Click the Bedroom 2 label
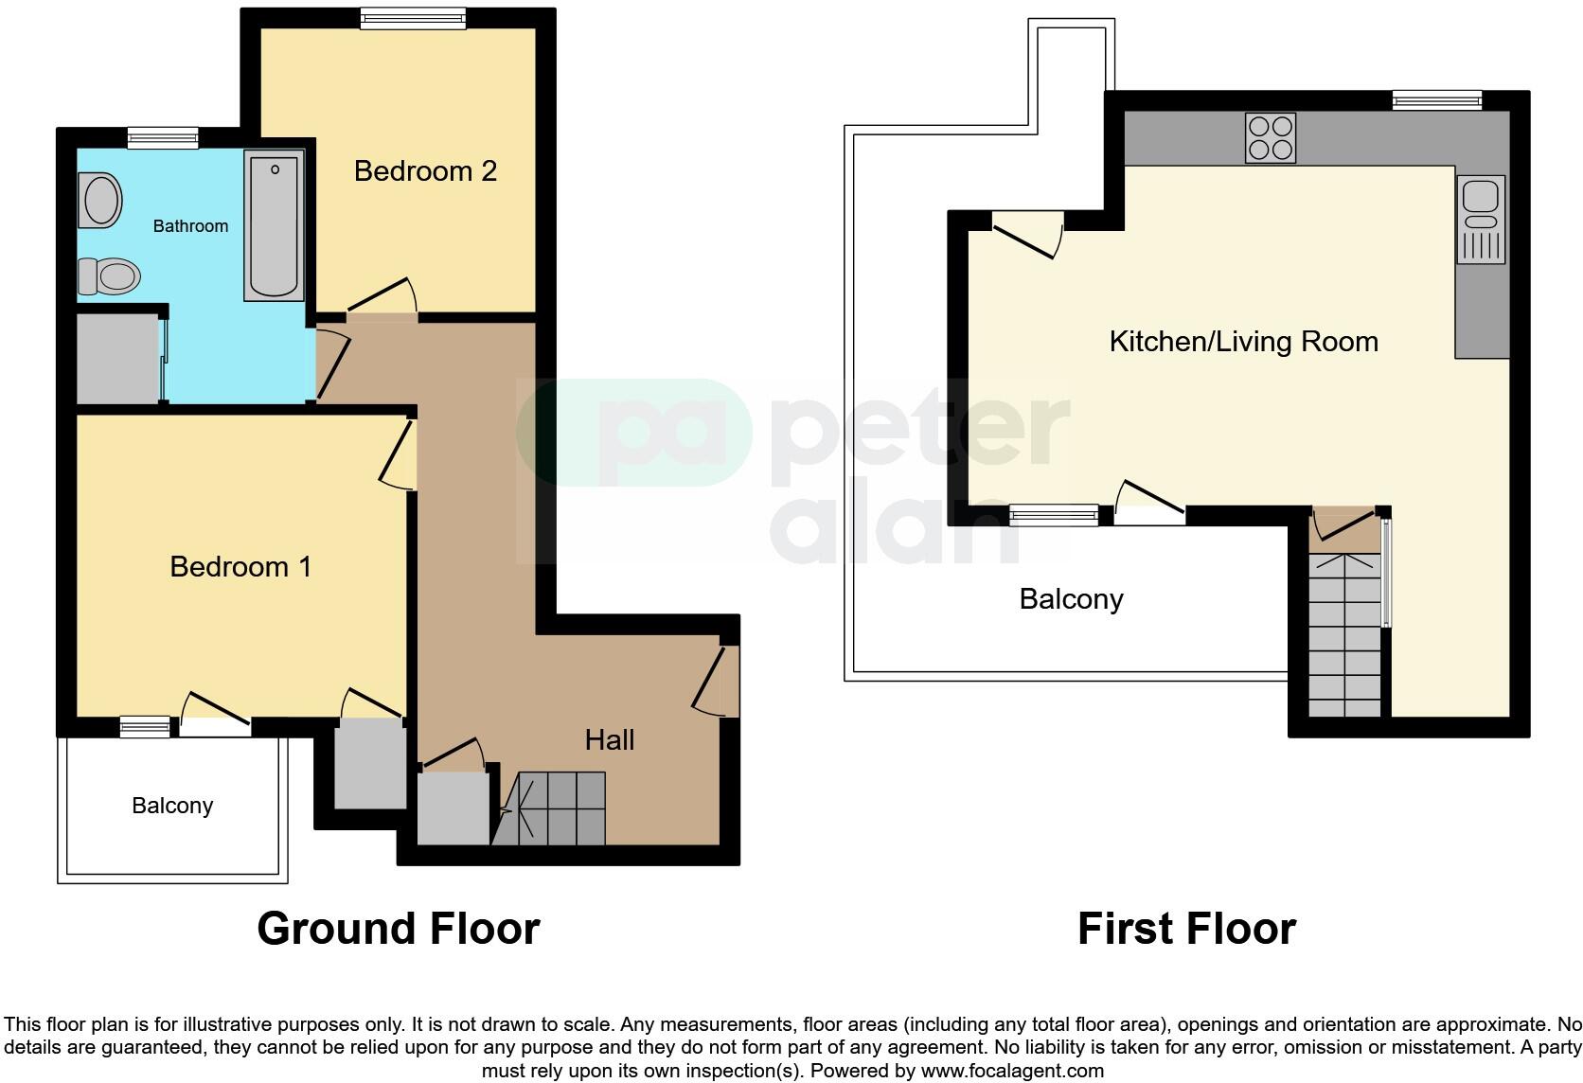point(425,171)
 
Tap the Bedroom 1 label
point(240,567)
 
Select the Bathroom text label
point(190,226)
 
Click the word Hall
point(609,740)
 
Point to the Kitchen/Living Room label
point(1243,342)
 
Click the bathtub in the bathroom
point(274,225)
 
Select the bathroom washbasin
point(99,200)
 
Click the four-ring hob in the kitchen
point(1270,138)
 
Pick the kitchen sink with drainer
point(1482,220)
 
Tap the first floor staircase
point(1344,634)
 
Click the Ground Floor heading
point(398,929)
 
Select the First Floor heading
point(1186,929)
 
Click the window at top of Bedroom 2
point(413,18)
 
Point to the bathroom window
point(163,139)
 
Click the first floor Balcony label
point(1071,599)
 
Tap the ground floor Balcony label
point(172,806)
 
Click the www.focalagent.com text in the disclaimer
point(1012,1072)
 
